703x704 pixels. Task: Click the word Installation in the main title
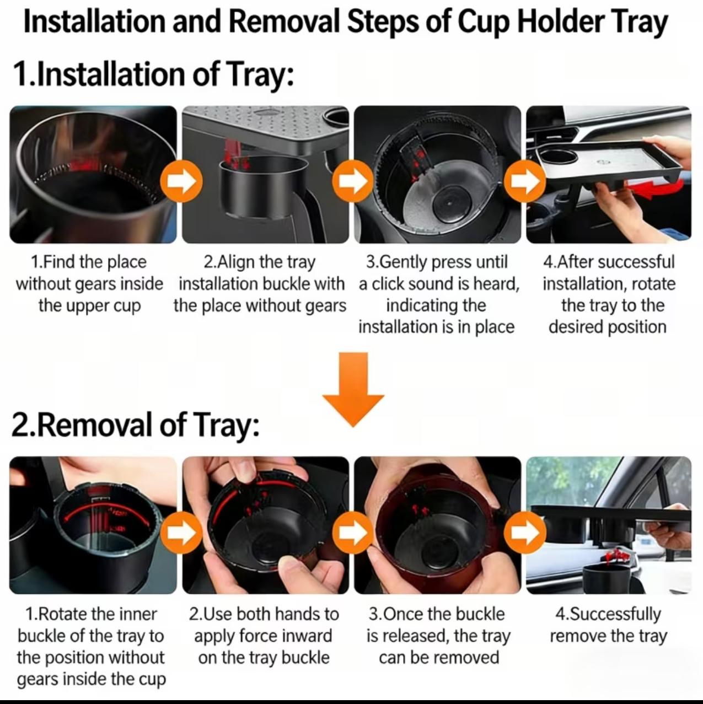[94, 23]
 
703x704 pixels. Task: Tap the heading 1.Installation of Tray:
[153, 74]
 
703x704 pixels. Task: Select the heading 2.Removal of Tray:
[135, 425]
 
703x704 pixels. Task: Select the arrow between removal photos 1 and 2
[180, 533]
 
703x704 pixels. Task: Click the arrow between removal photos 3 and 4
[526, 533]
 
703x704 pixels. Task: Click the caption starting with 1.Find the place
[89, 284]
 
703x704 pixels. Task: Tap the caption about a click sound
[438, 294]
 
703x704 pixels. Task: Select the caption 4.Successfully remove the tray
[608, 625]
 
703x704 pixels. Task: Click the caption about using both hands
[263, 636]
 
